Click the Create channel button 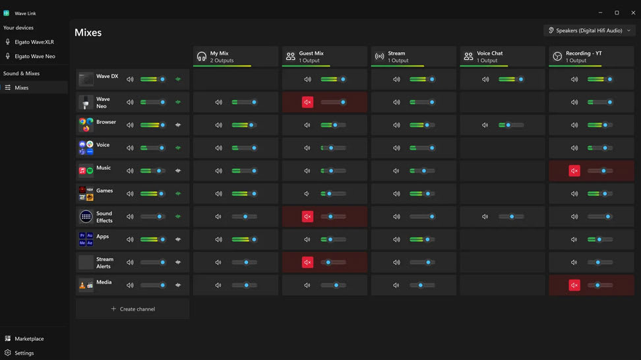point(133,309)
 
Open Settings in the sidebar point(24,353)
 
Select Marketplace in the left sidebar point(29,338)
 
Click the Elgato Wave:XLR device point(34,42)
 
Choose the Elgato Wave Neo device point(34,56)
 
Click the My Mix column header point(235,57)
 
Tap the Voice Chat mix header point(502,57)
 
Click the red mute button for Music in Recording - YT point(574,171)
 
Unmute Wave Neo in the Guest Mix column point(307,102)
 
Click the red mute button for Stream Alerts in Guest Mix point(307,262)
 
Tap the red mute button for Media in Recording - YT point(574,285)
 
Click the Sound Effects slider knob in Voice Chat point(512,216)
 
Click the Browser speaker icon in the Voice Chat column point(485,125)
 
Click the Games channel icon point(86,193)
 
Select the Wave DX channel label point(107,76)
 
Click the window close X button point(633,13)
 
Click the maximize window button point(617,13)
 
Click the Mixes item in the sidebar point(22,88)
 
